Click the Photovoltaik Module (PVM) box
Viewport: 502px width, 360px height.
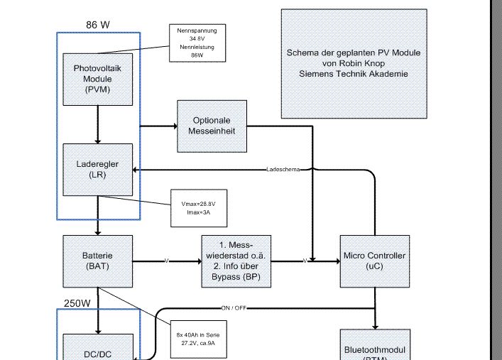[98, 79]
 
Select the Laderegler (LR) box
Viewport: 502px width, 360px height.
[98, 169]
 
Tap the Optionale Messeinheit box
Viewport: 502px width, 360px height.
[212, 126]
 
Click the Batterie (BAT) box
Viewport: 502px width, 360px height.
[98, 261]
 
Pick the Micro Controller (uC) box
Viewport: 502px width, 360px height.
[374, 261]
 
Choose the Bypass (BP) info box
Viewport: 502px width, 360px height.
[236, 261]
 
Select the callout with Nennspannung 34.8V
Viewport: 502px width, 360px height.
[197, 43]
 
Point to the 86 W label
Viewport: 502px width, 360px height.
[98, 25]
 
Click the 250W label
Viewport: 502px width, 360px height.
[77, 302]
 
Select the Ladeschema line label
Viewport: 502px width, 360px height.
[283, 170]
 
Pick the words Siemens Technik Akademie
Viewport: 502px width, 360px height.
[354, 74]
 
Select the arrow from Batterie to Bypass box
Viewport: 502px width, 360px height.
[167, 261]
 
